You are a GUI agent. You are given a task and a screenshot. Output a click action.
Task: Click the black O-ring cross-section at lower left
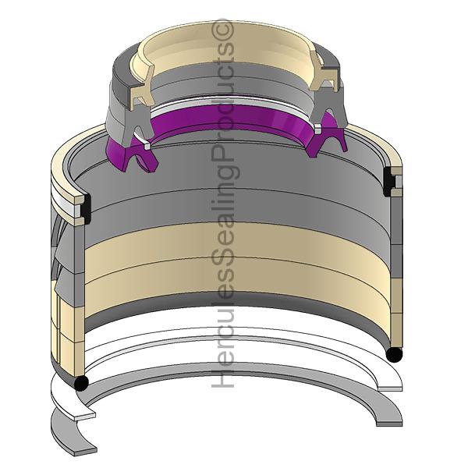81,382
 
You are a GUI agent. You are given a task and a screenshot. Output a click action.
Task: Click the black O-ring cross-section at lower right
394,355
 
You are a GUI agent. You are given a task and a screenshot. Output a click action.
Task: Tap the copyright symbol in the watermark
222,30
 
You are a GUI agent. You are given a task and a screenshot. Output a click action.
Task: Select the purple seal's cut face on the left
140,159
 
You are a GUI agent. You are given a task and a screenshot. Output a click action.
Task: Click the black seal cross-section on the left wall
87,209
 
